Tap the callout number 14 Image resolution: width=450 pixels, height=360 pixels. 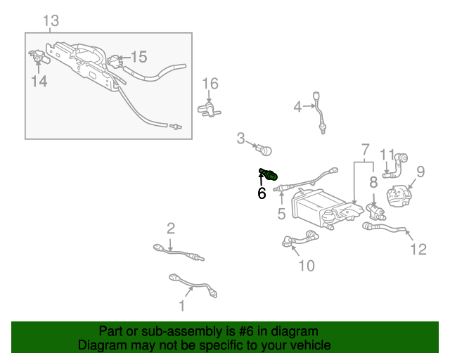coord(39,82)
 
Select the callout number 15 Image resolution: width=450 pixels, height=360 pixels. coord(139,57)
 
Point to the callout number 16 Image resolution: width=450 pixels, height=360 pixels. coord(211,84)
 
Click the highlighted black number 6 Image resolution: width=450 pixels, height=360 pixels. coord(262,193)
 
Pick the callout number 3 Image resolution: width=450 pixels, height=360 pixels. coord(240,139)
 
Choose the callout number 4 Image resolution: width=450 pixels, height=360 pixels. coord(297,107)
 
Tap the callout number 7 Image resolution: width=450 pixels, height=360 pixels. coord(365,150)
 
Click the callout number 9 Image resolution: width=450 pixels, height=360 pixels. coord(420,171)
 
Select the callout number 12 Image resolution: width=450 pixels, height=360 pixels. coord(418,248)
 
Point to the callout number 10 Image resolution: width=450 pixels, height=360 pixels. coord(307,265)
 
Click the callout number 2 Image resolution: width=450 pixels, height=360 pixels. coord(171,228)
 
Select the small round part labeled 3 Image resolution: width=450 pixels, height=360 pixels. coord(265,149)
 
